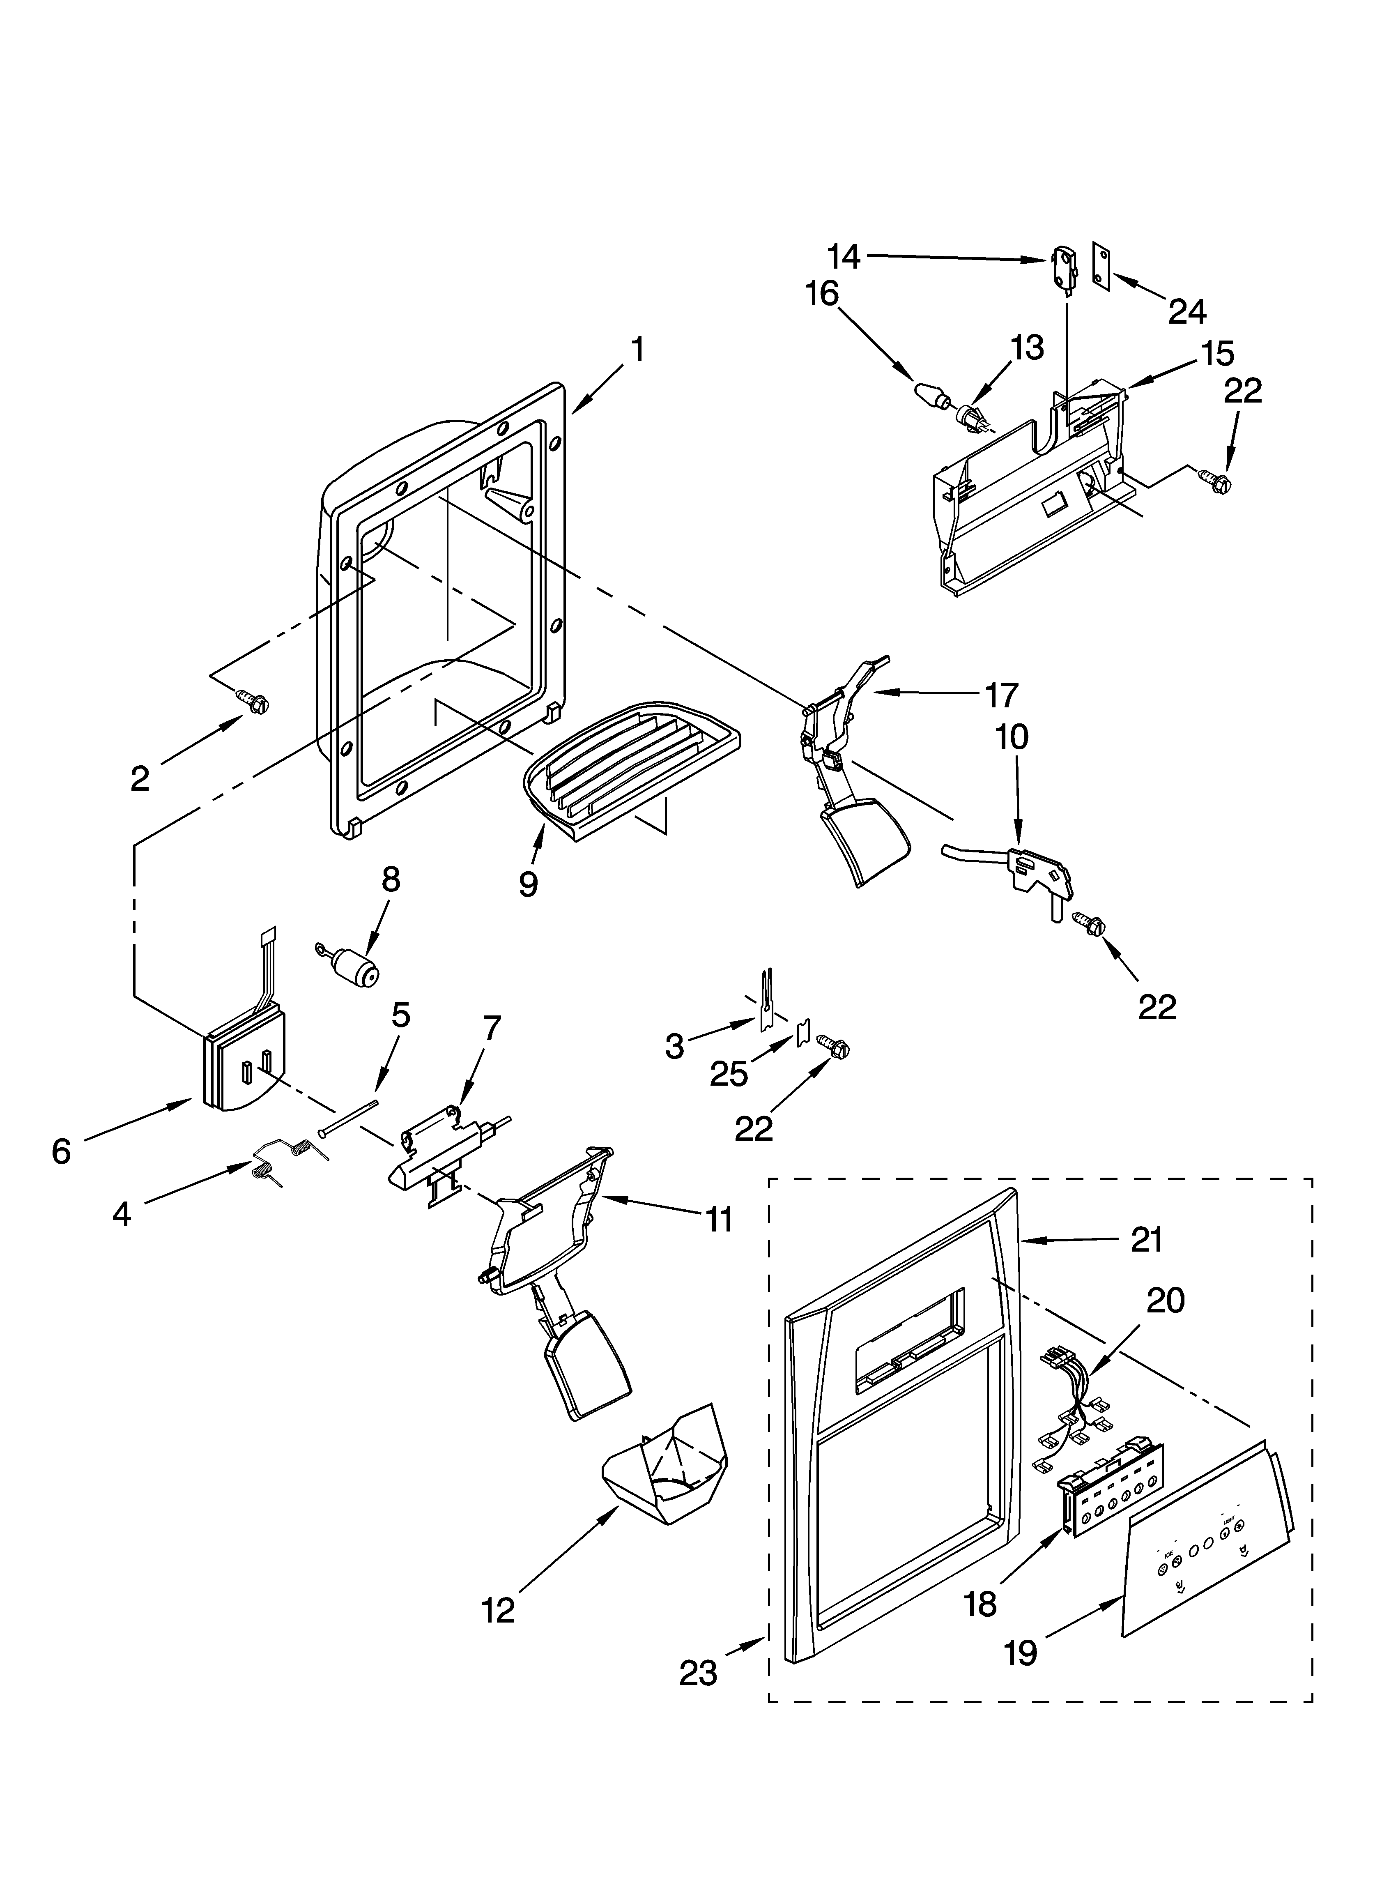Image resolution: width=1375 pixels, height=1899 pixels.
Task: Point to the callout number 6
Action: (x=61, y=1152)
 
